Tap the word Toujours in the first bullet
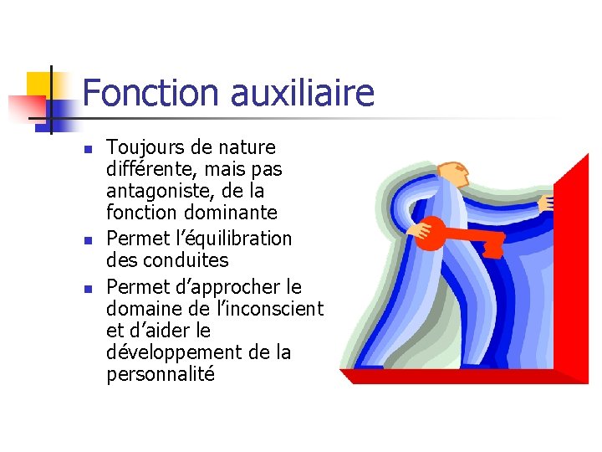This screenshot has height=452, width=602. [145, 148]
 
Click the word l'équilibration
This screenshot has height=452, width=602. [237, 239]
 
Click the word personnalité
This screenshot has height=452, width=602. [161, 374]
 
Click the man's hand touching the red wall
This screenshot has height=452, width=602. [546, 203]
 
